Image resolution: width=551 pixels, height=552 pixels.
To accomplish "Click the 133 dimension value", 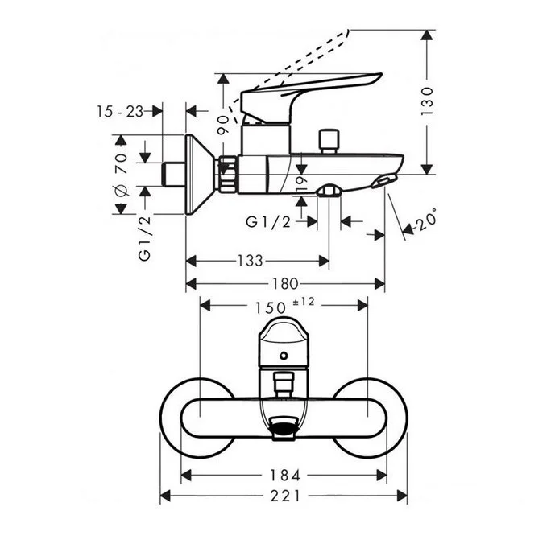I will tap(251, 261).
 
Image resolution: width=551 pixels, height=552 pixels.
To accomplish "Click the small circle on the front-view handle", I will tap(284, 355).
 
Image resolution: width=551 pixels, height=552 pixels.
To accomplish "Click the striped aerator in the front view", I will tap(284, 431).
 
